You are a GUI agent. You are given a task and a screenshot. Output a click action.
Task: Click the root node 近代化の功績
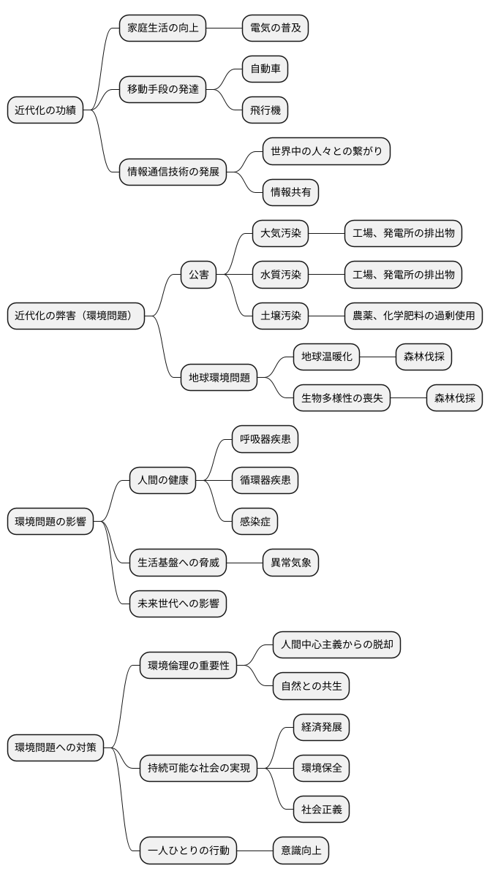[x=45, y=111]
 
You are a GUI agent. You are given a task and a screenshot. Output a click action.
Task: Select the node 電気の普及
[x=275, y=28]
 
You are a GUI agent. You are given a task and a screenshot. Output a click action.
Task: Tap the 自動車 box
[x=265, y=69]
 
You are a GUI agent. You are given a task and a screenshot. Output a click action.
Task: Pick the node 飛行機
[x=265, y=110]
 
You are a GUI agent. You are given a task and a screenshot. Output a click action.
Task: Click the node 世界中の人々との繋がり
[x=326, y=151]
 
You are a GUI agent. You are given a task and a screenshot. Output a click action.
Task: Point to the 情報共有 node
[x=290, y=192]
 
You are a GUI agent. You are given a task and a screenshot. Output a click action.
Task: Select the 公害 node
[x=198, y=275]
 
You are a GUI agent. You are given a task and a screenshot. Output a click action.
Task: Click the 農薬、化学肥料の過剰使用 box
[x=413, y=316]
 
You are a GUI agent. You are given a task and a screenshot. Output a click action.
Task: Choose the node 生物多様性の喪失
[x=342, y=398]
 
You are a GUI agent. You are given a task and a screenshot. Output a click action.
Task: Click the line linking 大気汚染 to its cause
[x=326, y=234]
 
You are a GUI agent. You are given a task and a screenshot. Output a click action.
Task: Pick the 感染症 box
[x=255, y=522]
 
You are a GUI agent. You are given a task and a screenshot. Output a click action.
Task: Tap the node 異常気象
[x=290, y=563]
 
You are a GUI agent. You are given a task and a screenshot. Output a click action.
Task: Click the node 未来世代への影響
[x=178, y=604]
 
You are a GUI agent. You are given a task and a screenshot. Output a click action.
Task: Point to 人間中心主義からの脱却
[x=336, y=645]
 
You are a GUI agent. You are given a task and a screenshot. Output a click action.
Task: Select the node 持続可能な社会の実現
[x=198, y=768]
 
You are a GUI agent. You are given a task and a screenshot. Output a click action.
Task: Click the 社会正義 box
[x=321, y=809]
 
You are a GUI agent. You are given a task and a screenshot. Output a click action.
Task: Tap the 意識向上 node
[x=301, y=850]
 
